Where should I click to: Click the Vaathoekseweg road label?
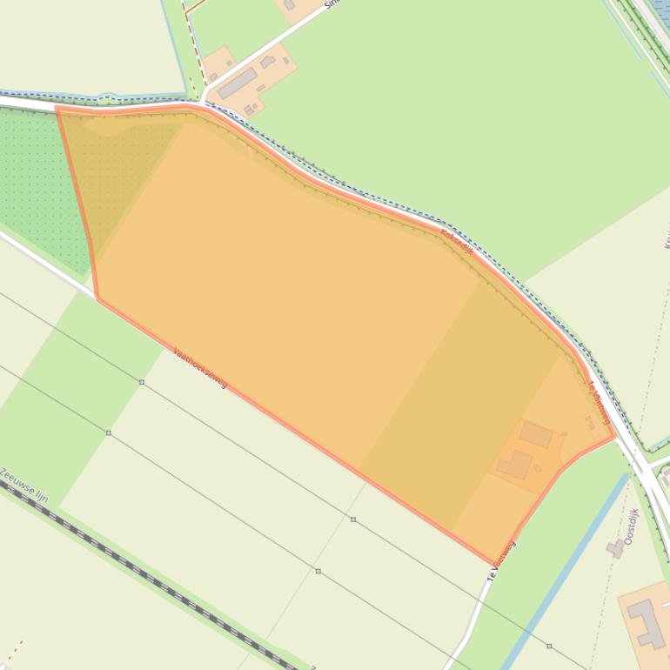click(199, 368)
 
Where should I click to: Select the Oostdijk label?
click(631, 526)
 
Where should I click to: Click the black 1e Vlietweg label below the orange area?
click(501, 560)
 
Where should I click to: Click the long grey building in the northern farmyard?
click(237, 84)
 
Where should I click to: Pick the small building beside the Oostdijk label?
click(615, 548)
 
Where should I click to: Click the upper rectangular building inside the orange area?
click(536, 433)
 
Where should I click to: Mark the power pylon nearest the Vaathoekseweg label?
click(142, 382)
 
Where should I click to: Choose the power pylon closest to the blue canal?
click(549, 647)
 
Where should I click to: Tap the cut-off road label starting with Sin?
click(330, 3)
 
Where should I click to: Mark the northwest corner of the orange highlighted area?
click(57, 109)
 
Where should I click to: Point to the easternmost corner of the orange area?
click(615, 435)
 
